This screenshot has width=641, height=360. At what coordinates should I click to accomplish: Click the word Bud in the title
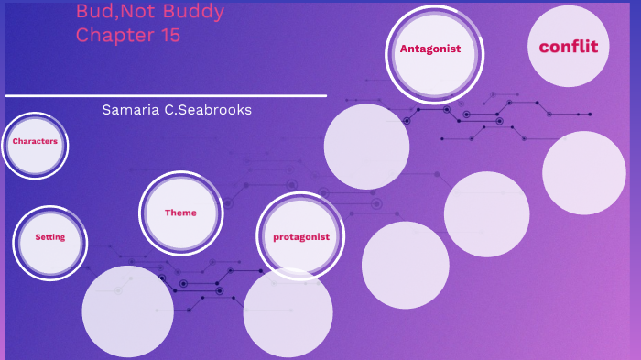tap(92, 13)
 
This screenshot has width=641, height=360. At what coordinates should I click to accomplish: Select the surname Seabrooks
tap(221, 110)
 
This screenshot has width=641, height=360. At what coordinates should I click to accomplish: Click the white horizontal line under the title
tap(165, 95)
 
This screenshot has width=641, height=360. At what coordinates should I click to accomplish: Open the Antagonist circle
tap(429, 49)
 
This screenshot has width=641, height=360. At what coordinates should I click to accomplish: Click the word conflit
tap(569, 47)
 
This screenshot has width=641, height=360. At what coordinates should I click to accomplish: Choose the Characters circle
tap(35, 142)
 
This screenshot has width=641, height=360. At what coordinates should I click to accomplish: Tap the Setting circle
tap(50, 237)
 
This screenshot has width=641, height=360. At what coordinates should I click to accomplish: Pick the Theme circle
tap(180, 213)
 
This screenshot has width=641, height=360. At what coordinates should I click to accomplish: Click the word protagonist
tap(301, 236)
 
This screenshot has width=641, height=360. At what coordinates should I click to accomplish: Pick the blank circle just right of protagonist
tap(405, 266)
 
